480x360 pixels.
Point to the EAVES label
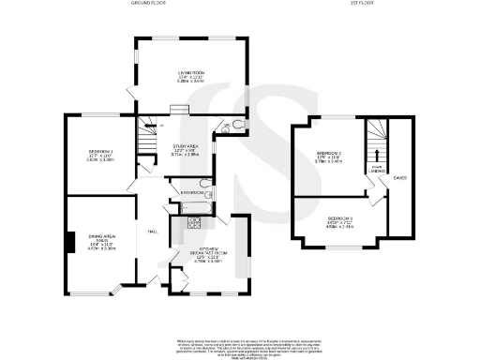point(400,176)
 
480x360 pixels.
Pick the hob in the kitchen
point(196,222)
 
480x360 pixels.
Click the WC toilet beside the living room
point(240,126)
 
